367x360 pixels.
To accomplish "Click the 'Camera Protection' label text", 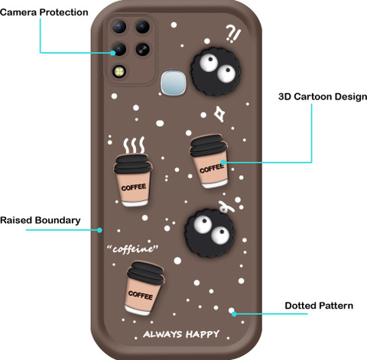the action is (x=44, y=12).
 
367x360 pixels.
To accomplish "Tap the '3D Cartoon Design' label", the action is (x=323, y=97).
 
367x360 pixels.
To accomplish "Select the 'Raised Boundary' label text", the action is (x=41, y=220).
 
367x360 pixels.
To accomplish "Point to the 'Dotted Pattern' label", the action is (x=319, y=306).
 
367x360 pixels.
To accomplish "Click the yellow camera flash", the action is (x=119, y=71).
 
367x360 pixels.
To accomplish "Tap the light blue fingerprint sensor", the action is (x=174, y=83).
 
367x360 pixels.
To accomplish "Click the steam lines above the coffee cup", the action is (x=134, y=145).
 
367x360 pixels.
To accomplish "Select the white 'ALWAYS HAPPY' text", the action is (x=181, y=334).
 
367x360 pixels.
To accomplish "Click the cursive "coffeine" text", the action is (x=132, y=248).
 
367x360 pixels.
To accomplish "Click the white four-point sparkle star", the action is (x=219, y=114).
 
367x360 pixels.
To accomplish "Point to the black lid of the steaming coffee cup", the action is (x=133, y=164).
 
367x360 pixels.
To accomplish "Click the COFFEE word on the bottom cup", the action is (x=141, y=295).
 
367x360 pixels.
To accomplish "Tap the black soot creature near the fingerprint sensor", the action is (x=216, y=71).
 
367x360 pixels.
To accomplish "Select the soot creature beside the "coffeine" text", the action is (x=210, y=233).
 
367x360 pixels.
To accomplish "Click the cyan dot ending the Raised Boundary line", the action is (x=99, y=230).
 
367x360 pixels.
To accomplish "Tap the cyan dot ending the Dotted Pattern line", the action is (x=234, y=313).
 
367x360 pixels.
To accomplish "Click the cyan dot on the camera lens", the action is (x=112, y=53).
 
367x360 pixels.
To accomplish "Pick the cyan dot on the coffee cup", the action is (x=223, y=162).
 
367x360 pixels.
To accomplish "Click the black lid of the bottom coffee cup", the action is (x=146, y=273).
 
